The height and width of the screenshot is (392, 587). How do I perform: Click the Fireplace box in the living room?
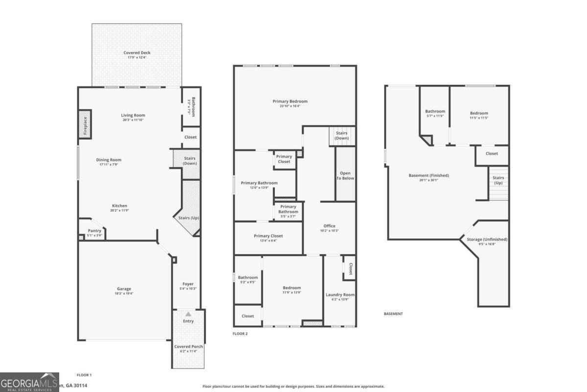85,124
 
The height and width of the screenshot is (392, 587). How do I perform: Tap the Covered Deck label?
137,52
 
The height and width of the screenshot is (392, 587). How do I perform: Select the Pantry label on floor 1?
94,231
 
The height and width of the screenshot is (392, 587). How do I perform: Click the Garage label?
124,289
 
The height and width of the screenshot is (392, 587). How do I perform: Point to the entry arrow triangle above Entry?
188,314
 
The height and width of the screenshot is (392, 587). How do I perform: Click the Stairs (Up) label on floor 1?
188,218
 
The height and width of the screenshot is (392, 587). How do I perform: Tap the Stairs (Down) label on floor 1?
190,161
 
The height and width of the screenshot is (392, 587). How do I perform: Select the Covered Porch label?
188,346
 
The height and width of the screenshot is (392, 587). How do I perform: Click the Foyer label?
188,284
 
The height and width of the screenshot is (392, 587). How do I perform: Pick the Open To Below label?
345,175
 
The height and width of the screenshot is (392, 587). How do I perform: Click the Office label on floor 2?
329,226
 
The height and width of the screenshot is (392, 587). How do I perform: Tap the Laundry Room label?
340,294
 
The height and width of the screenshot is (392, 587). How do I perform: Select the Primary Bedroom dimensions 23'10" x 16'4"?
290,106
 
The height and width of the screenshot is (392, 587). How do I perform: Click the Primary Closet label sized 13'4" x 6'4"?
268,236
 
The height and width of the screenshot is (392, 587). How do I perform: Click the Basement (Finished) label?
429,175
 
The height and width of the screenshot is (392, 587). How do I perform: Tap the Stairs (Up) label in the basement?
498,180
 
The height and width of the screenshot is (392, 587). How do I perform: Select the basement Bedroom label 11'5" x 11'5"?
479,113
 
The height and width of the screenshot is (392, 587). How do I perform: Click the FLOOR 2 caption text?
240,333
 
